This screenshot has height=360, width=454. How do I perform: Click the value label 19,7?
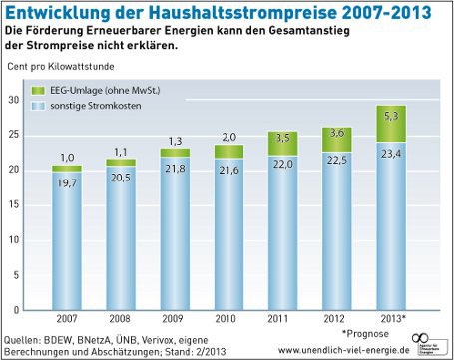pos(67,182)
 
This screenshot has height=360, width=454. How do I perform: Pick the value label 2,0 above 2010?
pos(228,136)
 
